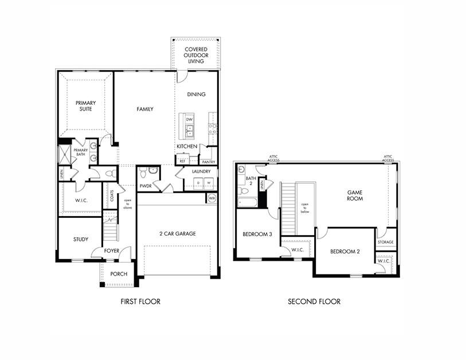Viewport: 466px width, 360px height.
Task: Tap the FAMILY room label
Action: click(x=144, y=109)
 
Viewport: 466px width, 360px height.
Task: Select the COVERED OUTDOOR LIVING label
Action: click(x=195, y=55)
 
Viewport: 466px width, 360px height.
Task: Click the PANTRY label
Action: click(x=208, y=162)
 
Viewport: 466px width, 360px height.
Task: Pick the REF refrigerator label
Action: click(x=182, y=162)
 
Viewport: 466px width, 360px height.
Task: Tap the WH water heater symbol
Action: click(x=212, y=198)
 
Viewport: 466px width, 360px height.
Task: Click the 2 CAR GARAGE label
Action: click(x=177, y=233)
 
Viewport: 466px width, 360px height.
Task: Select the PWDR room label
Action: click(x=146, y=186)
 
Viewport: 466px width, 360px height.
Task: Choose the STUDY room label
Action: click(x=80, y=239)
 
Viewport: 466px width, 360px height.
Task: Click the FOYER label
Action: click(x=112, y=251)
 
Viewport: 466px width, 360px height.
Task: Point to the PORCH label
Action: click(x=119, y=274)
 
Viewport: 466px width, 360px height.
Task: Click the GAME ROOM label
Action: click(x=355, y=195)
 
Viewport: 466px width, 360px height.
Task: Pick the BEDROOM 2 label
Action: click(x=344, y=251)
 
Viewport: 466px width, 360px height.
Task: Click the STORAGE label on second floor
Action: click(x=385, y=242)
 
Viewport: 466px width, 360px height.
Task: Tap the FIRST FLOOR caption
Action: click(x=140, y=302)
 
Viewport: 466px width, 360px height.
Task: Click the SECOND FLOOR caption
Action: click(x=314, y=302)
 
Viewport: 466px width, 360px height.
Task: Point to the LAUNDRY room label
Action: click(x=201, y=171)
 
